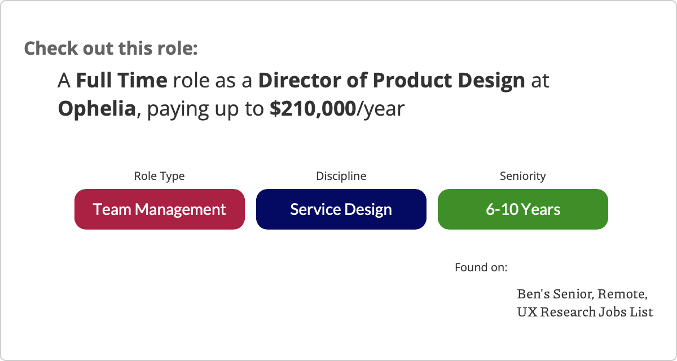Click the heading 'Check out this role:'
(111, 49)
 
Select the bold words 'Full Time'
(121, 80)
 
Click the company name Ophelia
(96, 109)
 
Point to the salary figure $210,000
(313, 109)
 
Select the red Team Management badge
(160, 209)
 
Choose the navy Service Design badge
(341, 209)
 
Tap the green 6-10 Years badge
(523, 209)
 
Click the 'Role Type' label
(159, 176)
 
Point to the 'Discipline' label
(341, 176)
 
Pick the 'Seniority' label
(523, 176)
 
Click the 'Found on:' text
(481, 267)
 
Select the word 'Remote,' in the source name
(623, 294)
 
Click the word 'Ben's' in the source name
(534, 294)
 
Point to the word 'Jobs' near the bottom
(612, 312)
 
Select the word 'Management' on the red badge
(181, 210)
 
